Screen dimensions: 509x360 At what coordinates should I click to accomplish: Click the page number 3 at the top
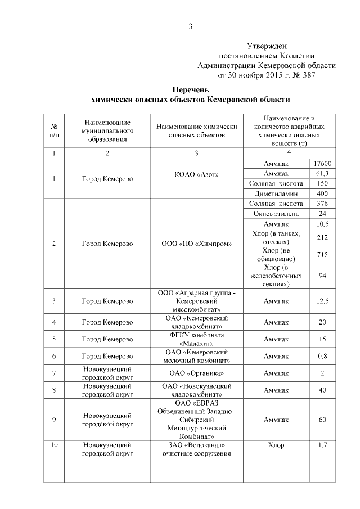click(191, 26)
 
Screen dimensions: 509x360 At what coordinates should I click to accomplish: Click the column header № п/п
click(54, 130)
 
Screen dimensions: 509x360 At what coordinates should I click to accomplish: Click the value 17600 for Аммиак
click(322, 164)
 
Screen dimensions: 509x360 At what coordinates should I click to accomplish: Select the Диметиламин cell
click(276, 193)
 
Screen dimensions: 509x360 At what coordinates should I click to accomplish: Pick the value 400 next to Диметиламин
click(322, 193)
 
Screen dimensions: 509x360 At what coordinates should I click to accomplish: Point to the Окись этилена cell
click(276, 214)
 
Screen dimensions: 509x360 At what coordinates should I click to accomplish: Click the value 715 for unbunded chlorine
click(322, 255)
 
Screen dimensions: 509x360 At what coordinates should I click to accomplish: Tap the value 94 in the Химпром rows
click(322, 276)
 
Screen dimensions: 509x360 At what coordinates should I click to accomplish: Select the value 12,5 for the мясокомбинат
click(322, 301)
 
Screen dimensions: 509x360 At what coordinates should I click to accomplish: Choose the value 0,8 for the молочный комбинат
click(322, 356)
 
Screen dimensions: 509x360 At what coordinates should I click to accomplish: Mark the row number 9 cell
click(54, 420)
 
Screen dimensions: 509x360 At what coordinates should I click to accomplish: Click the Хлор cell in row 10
click(276, 445)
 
